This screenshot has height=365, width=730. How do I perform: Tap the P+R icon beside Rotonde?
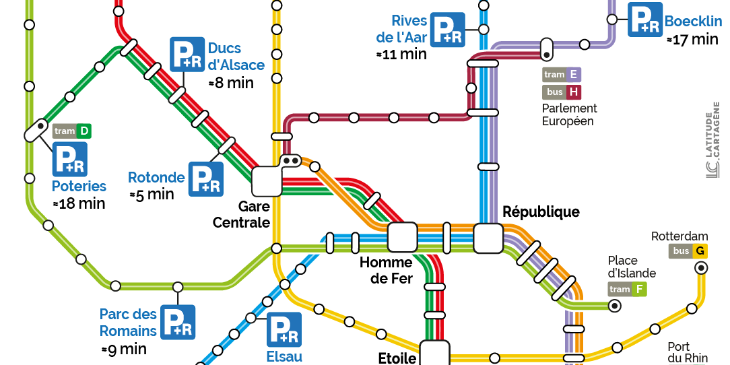(205, 178)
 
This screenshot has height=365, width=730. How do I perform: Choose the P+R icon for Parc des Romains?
(178, 322)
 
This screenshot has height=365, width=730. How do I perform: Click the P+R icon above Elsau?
(284, 329)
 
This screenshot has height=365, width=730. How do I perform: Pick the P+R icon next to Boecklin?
(644, 20)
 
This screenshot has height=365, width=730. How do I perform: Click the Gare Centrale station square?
(267, 181)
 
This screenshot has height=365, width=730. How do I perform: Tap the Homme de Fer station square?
(403, 237)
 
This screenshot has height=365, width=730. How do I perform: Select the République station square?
(488, 238)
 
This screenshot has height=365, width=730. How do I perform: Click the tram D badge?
(72, 131)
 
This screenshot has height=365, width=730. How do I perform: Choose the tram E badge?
(562, 75)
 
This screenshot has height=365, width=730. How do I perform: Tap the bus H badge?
(562, 92)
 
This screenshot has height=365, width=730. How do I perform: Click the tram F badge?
(627, 290)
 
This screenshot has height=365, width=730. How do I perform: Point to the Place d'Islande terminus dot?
(614, 306)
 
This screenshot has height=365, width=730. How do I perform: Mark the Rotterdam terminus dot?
(701, 267)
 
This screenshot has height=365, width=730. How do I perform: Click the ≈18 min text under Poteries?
(79, 203)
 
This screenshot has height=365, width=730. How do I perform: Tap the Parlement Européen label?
(569, 114)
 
